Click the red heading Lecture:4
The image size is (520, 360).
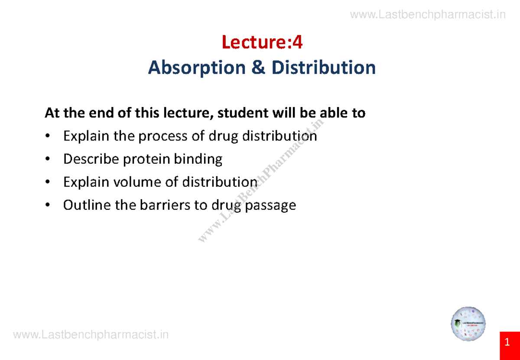click(x=262, y=42)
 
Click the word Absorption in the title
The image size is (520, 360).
click(x=197, y=68)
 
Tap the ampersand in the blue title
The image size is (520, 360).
click(x=258, y=67)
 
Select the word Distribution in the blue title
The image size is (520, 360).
click(x=323, y=68)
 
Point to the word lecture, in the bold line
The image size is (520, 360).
click(x=188, y=113)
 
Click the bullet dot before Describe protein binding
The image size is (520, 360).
click(x=48, y=159)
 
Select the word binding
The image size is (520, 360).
click(x=198, y=159)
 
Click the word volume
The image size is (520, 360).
click(x=137, y=182)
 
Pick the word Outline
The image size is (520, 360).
click(x=87, y=205)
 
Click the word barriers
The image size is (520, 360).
click(x=165, y=205)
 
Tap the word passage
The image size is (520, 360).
click(x=270, y=206)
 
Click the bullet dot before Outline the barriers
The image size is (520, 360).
click(x=48, y=205)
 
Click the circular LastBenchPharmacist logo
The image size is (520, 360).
click(x=468, y=324)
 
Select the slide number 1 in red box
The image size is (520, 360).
click(x=507, y=342)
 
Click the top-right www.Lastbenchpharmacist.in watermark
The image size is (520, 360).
click(x=428, y=15)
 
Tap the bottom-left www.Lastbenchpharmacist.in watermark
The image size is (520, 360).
click(x=91, y=335)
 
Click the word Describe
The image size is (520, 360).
click(x=91, y=159)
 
